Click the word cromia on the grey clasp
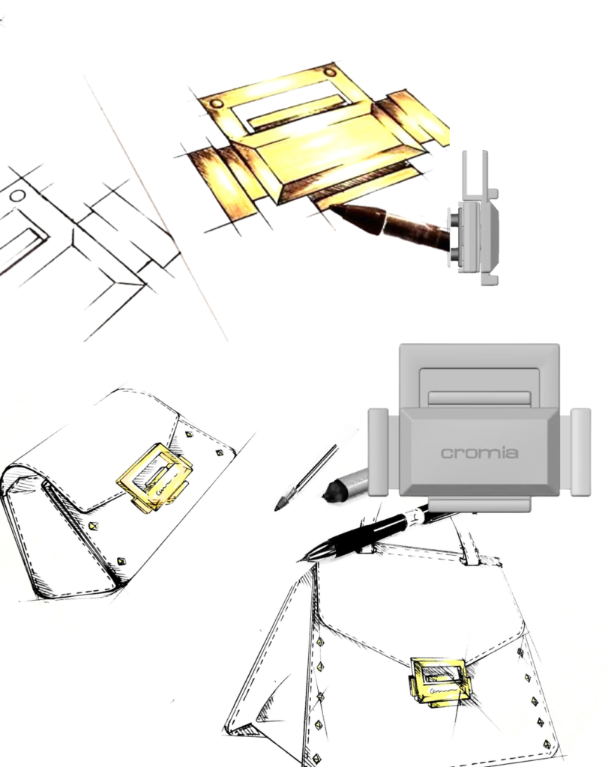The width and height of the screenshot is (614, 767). tap(479, 453)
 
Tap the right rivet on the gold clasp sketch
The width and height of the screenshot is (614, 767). tap(331, 73)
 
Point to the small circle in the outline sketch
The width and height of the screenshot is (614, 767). tap(18, 196)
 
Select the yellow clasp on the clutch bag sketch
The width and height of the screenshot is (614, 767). tap(154, 478)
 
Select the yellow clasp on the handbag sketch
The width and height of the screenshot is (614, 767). tap(439, 682)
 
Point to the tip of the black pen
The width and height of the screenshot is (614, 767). tap(298, 560)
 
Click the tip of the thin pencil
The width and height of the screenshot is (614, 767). tap(277, 509)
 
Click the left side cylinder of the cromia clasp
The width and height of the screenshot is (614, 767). tap(378, 452)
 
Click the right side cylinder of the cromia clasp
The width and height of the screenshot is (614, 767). tap(581, 452)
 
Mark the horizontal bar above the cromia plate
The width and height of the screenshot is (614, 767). tap(479, 398)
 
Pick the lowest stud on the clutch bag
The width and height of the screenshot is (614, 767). tap(121, 561)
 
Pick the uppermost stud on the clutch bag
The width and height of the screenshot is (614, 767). tap(190, 434)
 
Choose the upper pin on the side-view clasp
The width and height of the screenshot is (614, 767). tap(454, 218)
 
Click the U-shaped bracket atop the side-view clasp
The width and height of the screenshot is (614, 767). tap(475, 175)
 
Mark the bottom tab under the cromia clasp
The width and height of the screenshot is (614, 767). tap(479, 504)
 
